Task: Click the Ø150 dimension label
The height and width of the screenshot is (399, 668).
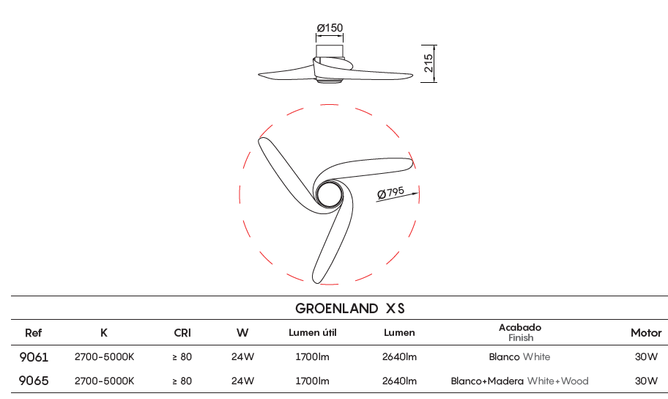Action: [330, 28]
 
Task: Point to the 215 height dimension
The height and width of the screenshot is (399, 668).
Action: [428, 63]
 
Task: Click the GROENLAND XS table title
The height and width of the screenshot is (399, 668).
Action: [350, 308]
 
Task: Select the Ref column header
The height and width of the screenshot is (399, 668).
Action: [33, 333]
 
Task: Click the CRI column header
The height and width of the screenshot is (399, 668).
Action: [182, 333]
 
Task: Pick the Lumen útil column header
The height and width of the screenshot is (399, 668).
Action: [312, 333]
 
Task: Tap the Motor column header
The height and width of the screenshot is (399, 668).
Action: [646, 333]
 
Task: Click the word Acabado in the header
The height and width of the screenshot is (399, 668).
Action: [520, 327]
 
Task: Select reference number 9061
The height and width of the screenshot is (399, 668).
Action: [34, 356]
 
